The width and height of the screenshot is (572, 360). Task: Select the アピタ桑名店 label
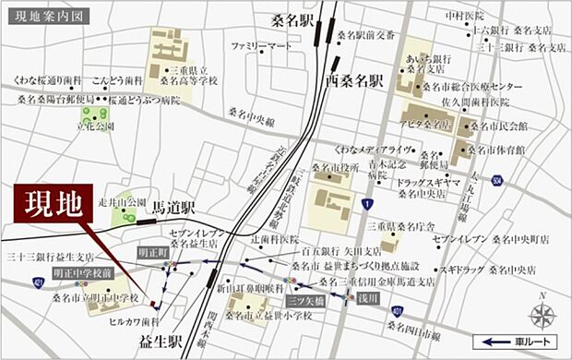(x=426, y=124)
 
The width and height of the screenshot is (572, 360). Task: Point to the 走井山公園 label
(x=123, y=200)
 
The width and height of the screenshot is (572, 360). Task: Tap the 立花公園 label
(x=97, y=126)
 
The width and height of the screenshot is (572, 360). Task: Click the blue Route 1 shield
(x=367, y=203)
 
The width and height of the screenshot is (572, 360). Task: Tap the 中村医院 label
(x=466, y=16)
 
